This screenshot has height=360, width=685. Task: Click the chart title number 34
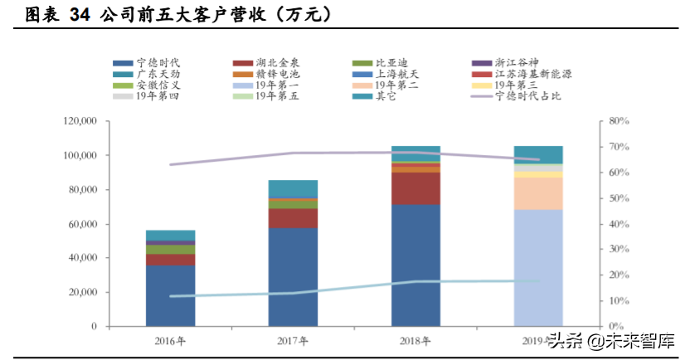click(x=80, y=14)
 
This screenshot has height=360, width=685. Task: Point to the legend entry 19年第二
click(x=396, y=85)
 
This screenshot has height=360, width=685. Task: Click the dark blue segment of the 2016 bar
click(x=171, y=295)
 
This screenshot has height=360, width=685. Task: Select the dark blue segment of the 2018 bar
click(x=415, y=265)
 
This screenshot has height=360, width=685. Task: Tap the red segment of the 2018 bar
click(x=415, y=188)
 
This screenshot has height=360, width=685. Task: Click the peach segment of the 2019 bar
click(x=538, y=193)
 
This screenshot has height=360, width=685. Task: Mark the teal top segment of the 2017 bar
click(x=293, y=188)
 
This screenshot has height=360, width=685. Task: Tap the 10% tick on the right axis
click(x=619, y=301)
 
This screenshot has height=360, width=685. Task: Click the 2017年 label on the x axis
click(x=293, y=340)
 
